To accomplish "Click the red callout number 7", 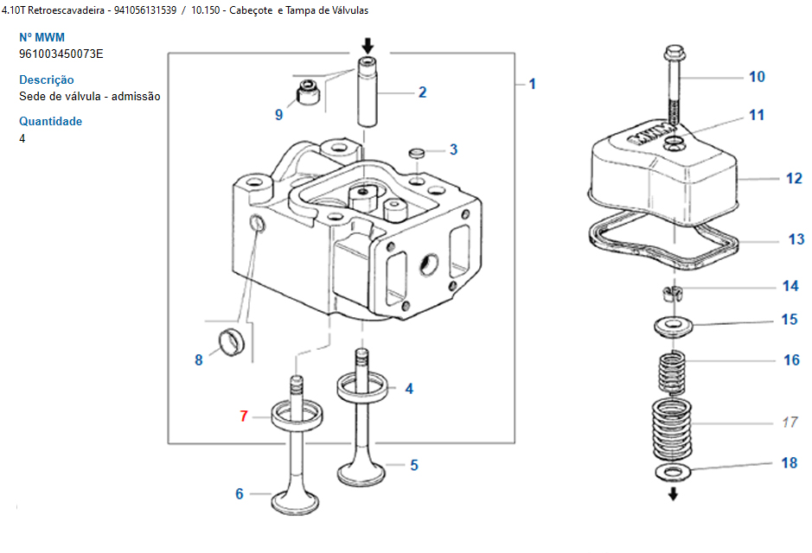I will pyautogui.click(x=244, y=416).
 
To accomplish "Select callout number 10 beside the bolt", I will pyautogui.click(x=757, y=77).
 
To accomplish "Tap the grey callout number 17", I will pyautogui.click(x=789, y=423).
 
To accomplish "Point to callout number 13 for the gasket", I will pyautogui.click(x=796, y=239).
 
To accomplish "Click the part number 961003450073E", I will pyautogui.click(x=61, y=54).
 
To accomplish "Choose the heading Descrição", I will pyautogui.click(x=46, y=79).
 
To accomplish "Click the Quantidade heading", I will pyautogui.click(x=50, y=121).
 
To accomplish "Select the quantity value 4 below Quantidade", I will pyautogui.click(x=22, y=138).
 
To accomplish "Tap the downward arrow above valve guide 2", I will pyautogui.click(x=368, y=45).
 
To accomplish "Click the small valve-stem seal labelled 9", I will pyautogui.click(x=307, y=91).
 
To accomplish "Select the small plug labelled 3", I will pyautogui.click(x=419, y=153).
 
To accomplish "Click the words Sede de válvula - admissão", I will pyautogui.click(x=89, y=96).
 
